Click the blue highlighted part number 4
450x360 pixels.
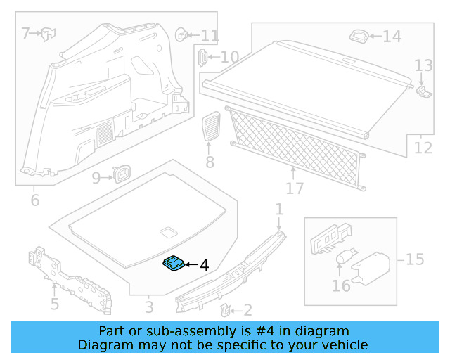point(173,263)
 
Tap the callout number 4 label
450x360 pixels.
point(205,265)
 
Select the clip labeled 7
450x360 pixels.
point(49,32)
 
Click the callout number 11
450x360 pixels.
point(210,35)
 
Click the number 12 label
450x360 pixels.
point(423,148)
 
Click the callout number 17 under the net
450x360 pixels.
point(295,188)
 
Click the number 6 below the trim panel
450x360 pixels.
point(34,200)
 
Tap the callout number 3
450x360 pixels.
point(149,307)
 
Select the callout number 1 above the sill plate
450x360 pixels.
point(278,209)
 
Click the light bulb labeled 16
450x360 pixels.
point(343,259)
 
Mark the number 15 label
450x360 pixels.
point(415,259)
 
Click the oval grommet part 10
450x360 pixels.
point(202,57)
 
